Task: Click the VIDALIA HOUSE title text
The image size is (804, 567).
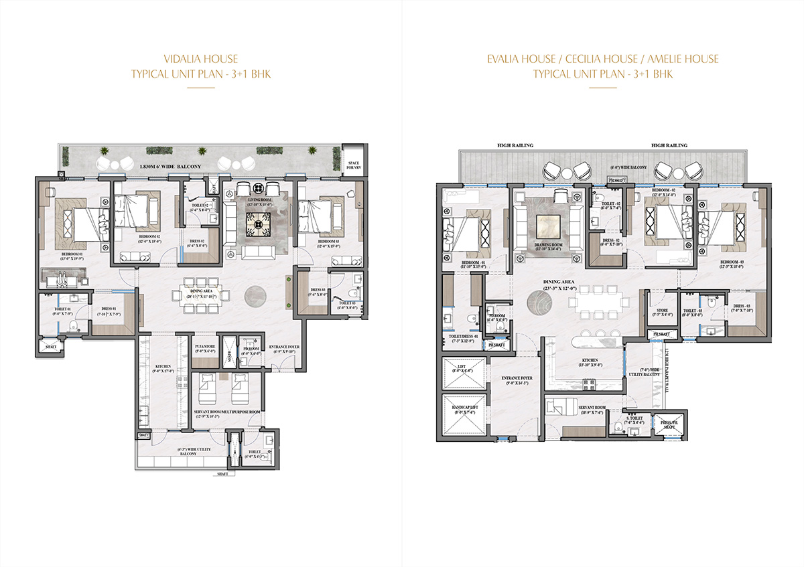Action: pyautogui.click(x=201, y=59)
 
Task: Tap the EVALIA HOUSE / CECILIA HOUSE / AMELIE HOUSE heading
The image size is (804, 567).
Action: pyautogui.click(x=602, y=59)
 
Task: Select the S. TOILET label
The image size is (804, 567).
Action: pyautogui.click(x=633, y=420)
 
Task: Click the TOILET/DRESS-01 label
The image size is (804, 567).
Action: pyautogui.click(x=463, y=339)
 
